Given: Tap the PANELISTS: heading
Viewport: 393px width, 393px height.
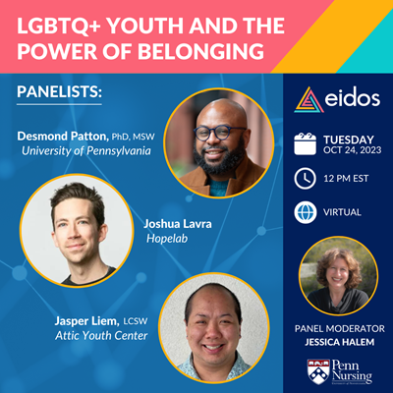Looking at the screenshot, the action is coord(59,92).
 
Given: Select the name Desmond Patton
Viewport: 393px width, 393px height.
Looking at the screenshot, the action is coord(63,136).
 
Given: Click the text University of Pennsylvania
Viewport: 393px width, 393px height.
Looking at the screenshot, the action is coord(86,151).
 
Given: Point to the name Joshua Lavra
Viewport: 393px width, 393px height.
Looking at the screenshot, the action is coord(178,224).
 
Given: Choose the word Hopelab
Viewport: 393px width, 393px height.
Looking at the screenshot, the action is coord(167,239).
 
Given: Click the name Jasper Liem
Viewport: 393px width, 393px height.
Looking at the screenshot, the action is coord(87,321).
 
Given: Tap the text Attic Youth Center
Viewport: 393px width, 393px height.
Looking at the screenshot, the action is coord(101,336).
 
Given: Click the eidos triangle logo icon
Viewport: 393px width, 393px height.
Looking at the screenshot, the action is coord(309,100).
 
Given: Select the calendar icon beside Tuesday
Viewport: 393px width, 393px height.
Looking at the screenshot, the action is coord(306,143).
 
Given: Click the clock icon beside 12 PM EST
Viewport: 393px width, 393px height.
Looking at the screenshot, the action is coord(306,179).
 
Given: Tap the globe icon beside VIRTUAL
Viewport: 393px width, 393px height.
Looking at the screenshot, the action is coord(306,212).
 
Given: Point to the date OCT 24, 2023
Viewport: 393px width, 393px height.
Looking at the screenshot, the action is coord(353,150).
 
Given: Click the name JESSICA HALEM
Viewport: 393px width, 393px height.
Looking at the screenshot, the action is coord(340,342).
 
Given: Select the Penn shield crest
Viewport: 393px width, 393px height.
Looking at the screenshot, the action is coord(318,371).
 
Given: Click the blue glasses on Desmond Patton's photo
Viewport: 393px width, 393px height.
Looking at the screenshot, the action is coord(219,134).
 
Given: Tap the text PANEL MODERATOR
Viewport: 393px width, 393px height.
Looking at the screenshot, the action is coord(340,328).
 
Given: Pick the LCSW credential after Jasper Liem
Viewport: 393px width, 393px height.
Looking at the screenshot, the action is coord(136,321).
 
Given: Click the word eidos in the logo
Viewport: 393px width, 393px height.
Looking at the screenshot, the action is coord(353,98).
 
